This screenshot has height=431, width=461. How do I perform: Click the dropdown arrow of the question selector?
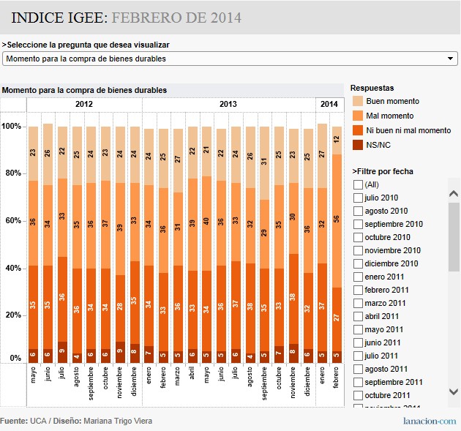(x=451, y=59)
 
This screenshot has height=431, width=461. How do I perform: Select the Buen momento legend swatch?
(x=358, y=101)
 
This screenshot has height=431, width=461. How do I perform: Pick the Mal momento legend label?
(x=389, y=116)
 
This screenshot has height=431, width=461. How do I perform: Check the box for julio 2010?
(x=358, y=198)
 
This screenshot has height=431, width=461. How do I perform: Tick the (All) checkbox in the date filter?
(x=358, y=184)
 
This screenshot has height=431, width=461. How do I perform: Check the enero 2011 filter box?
(x=358, y=277)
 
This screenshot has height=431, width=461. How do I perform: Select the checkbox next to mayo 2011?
(x=358, y=329)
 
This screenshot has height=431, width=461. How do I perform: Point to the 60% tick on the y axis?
(x=12, y=221)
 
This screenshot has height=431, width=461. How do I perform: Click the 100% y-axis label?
(x=12, y=127)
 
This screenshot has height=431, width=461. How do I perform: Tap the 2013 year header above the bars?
(x=228, y=105)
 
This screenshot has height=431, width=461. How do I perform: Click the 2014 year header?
(x=329, y=105)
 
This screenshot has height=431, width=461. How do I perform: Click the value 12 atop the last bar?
(x=337, y=138)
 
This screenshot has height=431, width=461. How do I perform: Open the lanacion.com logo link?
(x=430, y=421)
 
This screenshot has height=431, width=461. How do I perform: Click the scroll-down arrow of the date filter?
(x=454, y=392)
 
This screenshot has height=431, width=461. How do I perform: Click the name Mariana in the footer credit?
(x=100, y=421)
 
